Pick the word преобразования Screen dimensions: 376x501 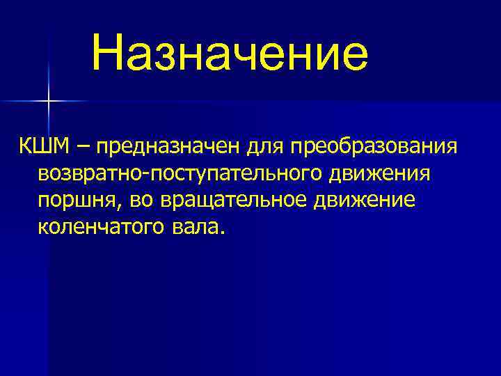(374, 146)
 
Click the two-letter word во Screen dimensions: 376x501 (142, 200)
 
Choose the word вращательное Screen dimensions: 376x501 (236, 200)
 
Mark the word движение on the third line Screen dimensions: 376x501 (367, 200)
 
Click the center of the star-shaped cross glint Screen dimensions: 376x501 (49, 102)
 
